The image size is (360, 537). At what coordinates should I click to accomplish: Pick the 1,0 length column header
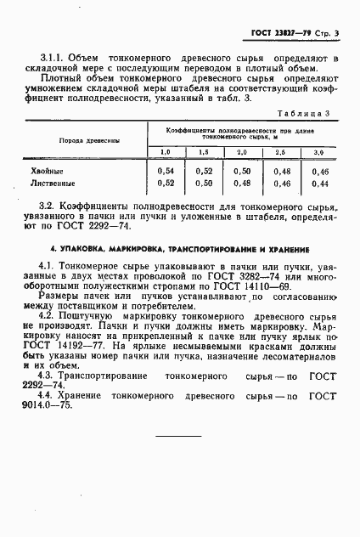(x=166, y=152)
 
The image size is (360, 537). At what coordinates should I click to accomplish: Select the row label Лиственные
(x=53, y=183)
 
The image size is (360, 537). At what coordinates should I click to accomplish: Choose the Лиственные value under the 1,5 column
(x=204, y=183)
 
